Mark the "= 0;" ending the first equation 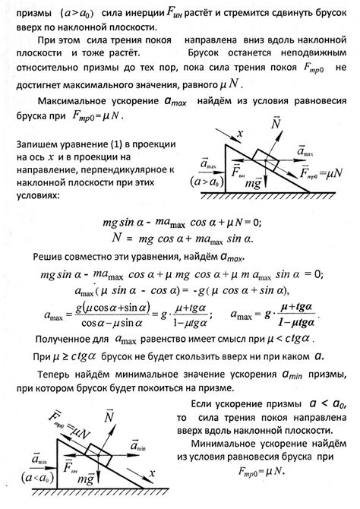click(x=248, y=222)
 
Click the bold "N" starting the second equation click(x=116, y=237)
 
